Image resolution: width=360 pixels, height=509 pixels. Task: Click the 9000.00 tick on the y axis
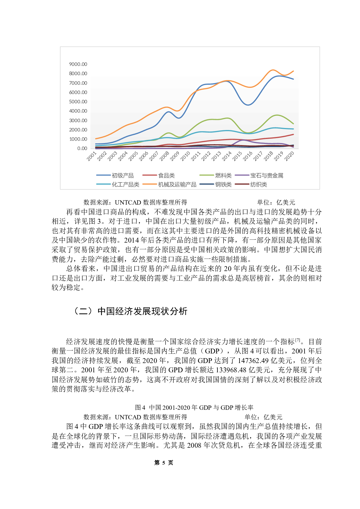[78, 64]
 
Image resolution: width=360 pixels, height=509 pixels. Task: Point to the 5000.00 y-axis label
[78, 102]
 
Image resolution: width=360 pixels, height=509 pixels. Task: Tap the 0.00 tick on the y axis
[82, 148]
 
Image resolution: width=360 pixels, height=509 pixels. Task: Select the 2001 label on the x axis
[91, 156]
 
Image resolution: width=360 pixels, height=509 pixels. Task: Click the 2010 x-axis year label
[185, 156]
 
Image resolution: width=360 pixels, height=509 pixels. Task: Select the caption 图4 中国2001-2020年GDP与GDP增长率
[194, 407]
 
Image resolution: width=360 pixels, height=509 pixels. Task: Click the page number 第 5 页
[163, 463]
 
